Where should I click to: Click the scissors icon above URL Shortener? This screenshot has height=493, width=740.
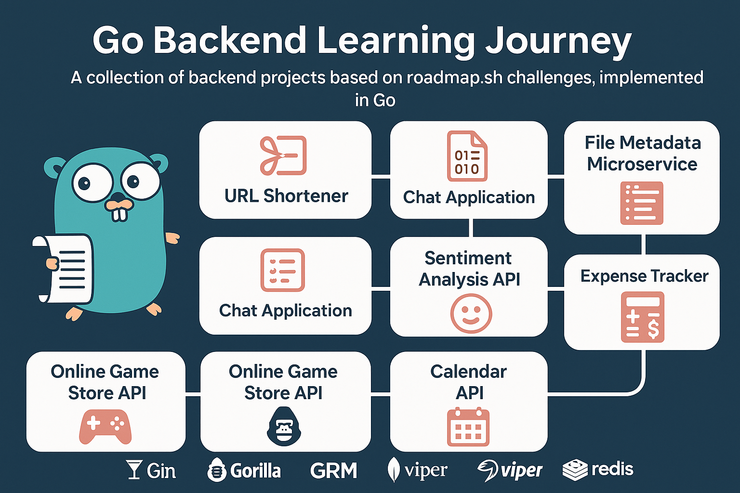pos(283,155)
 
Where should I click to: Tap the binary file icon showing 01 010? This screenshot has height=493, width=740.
pos(467,156)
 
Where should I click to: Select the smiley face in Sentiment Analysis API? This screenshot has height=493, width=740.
pos(471,313)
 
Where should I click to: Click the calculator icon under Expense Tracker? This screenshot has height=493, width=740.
pos(642,317)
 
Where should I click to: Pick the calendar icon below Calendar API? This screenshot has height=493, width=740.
pos(468,427)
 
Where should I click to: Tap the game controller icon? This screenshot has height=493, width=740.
pos(105,426)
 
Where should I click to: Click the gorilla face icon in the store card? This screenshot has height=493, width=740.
pos(284,426)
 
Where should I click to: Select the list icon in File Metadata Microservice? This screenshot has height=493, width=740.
pos(642,203)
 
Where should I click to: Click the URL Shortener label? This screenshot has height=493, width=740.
pos(286,196)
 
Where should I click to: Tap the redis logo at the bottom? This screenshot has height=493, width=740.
pos(598,469)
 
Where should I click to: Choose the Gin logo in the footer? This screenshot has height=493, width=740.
pos(151,470)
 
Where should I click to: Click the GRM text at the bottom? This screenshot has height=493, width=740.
pos(333,470)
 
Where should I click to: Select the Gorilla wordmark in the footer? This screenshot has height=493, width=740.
pos(244,470)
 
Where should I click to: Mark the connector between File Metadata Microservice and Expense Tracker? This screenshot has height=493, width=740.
pos(643,244)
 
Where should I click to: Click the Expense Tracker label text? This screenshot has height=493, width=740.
pos(644,276)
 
